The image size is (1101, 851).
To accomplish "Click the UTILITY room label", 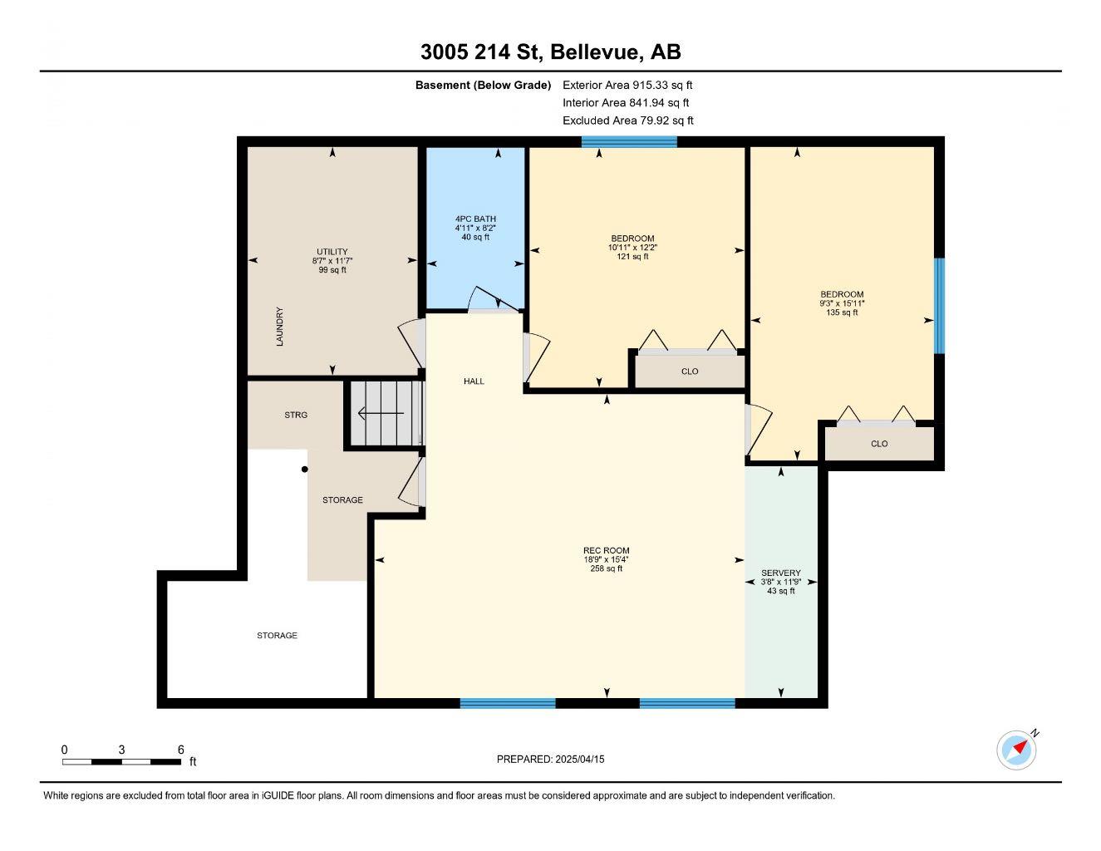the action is click(332, 251).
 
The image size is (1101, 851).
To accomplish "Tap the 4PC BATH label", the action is click(475, 219).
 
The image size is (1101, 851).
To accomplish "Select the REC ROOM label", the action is click(606, 550).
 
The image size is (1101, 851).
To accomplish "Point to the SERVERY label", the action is click(781, 573).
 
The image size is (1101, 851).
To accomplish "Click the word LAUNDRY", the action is click(280, 327).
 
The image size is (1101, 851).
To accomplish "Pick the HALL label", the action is click(474, 381).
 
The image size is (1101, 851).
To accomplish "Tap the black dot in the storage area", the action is click(304, 469).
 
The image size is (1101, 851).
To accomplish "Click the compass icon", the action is click(1016, 750).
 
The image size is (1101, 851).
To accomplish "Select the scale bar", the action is click(121, 762).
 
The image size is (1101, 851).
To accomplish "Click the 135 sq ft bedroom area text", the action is click(842, 312).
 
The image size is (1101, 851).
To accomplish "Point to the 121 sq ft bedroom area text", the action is click(632, 256).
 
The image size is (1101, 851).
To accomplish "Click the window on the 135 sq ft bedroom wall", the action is click(939, 306).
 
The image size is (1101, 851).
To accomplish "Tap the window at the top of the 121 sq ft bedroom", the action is click(629, 141).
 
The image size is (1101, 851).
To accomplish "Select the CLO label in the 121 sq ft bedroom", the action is click(690, 371).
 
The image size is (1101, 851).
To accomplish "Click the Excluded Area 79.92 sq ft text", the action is click(627, 121).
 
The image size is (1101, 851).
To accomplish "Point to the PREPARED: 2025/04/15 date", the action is click(550, 759).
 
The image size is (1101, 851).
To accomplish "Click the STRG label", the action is click(296, 415).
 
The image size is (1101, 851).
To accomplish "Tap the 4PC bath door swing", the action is click(494, 299).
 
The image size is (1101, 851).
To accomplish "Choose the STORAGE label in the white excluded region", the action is click(277, 635).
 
